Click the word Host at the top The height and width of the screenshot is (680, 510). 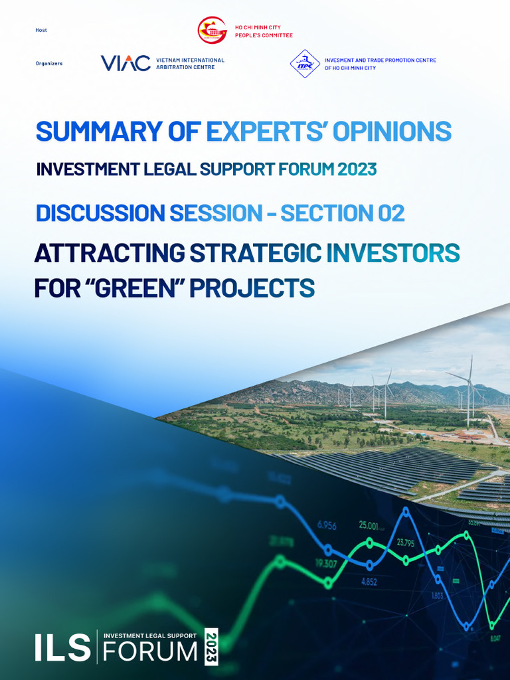(x=41, y=30)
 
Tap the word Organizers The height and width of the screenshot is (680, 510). (x=49, y=64)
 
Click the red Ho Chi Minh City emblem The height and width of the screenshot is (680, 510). (x=212, y=31)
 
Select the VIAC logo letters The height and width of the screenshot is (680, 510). (x=126, y=64)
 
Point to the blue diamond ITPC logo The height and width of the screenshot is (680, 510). (x=305, y=64)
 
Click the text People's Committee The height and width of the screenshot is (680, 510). (x=264, y=35)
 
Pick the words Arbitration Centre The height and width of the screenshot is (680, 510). (x=185, y=67)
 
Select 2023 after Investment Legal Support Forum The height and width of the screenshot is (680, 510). (x=357, y=169)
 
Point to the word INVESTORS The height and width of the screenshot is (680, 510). (x=393, y=253)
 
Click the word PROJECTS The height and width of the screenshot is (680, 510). (x=252, y=288)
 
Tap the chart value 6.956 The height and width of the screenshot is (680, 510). (x=327, y=525)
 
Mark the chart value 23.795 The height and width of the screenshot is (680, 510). (x=406, y=543)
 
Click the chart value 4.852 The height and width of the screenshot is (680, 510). (x=369, y=582)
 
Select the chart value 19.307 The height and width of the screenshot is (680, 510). (x=325, y=564)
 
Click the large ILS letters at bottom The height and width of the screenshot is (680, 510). (x=63, y=647)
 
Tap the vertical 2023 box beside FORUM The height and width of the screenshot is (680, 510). (x=211, y=646)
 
